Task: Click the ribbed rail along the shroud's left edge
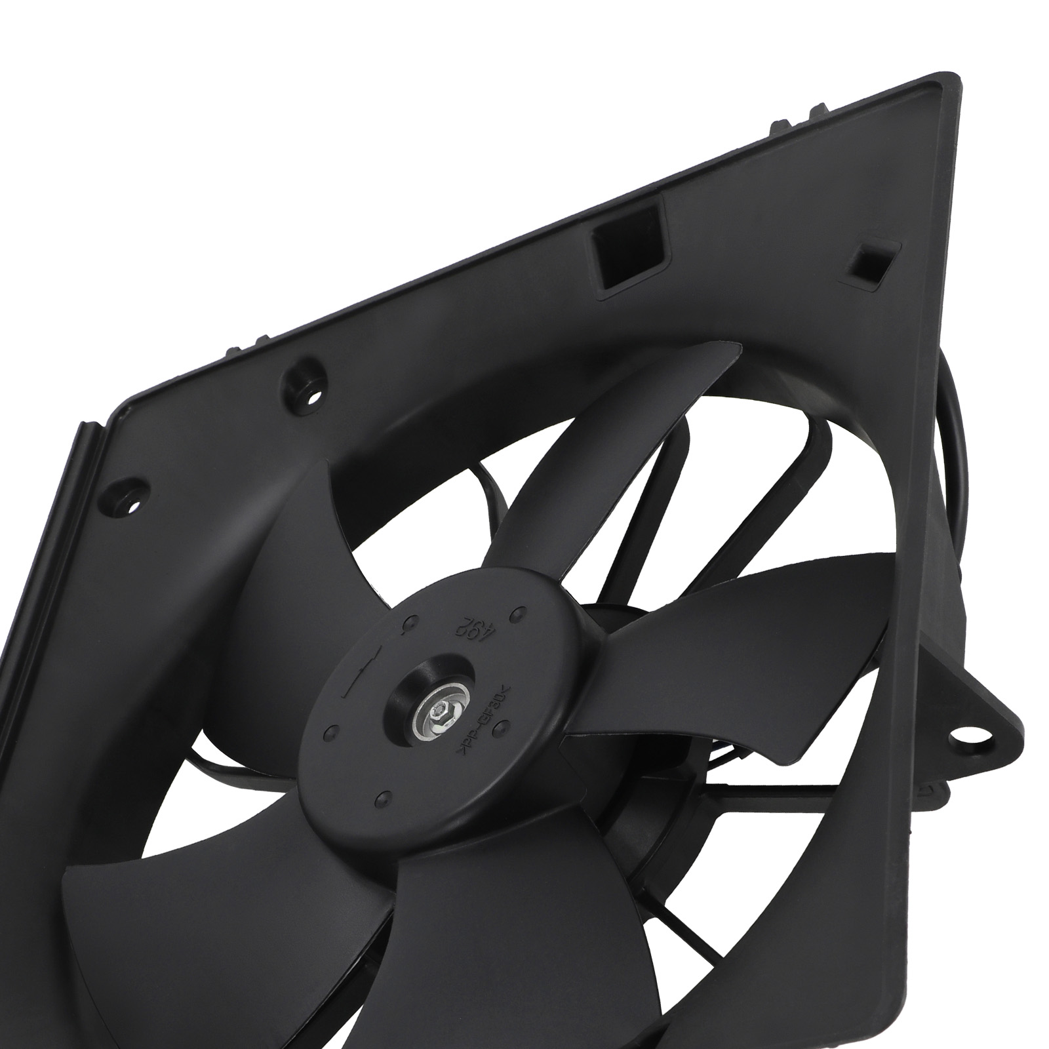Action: (52, 590)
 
